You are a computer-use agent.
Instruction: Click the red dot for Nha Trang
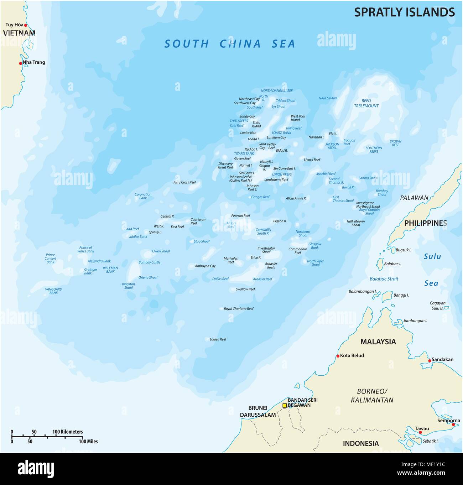click(x=21, y=63)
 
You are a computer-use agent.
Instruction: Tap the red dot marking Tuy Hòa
click(x=25, y=25)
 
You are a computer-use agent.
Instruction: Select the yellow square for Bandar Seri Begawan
click(x=285, y=405)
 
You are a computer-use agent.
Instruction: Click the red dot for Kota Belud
click(x=338, y=356)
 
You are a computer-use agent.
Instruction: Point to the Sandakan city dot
click(x=430, y=361)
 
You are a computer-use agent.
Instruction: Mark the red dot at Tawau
click(x=420, y=432)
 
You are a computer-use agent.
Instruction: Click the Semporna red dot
click(x=453, y=424)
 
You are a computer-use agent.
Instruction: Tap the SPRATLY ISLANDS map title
click(x=404, y=12)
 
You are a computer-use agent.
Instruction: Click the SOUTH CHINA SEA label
click(x=230, y=44)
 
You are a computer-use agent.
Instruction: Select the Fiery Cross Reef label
click(x=184, y=182)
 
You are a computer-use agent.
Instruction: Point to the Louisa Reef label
click(x=218, y=339)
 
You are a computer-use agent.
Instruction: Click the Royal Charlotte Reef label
click(x=239, y=309)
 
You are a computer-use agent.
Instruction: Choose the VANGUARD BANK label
click(x=53, y=291)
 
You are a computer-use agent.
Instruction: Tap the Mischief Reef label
click(x=326, y=174)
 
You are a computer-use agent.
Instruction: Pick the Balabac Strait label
click(x=384, y=279)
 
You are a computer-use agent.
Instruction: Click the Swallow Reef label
click(x=245, y=289)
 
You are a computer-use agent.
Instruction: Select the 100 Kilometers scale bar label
click(x=68, y=432)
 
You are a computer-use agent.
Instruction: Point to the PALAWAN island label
click(x=414, y=198)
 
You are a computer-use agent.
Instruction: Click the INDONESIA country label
click(x=360, y=443)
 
